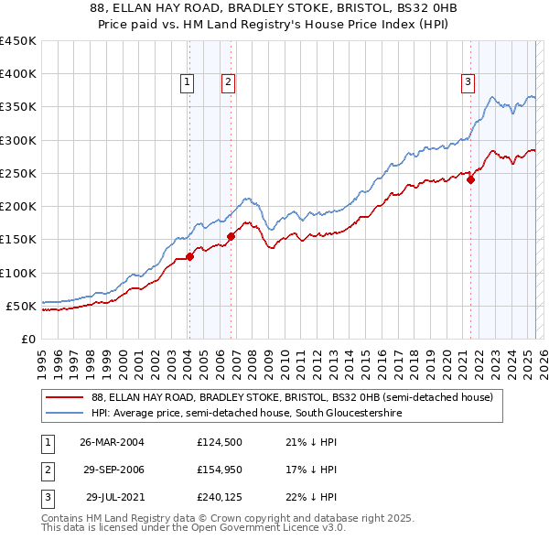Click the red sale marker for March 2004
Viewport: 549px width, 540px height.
click(x=189, y=256)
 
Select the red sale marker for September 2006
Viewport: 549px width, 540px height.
click(x=231, y=236)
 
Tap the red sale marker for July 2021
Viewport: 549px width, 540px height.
click(x=471, y=179)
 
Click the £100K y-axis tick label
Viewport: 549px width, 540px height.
click(x=18, y=273)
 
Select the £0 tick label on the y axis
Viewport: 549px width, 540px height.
click(x=27, y=339)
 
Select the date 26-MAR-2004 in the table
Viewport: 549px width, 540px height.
click(x=113, y=442)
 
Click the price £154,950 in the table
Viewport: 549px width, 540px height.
click(x=217, y=470)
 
